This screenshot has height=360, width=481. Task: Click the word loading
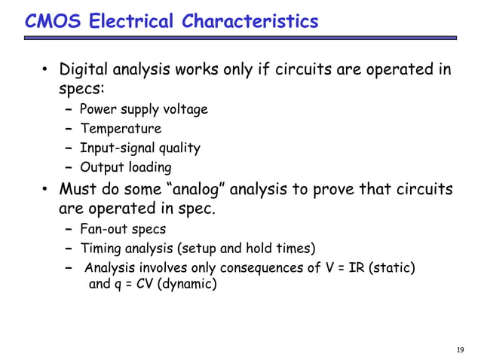[149, 167]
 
